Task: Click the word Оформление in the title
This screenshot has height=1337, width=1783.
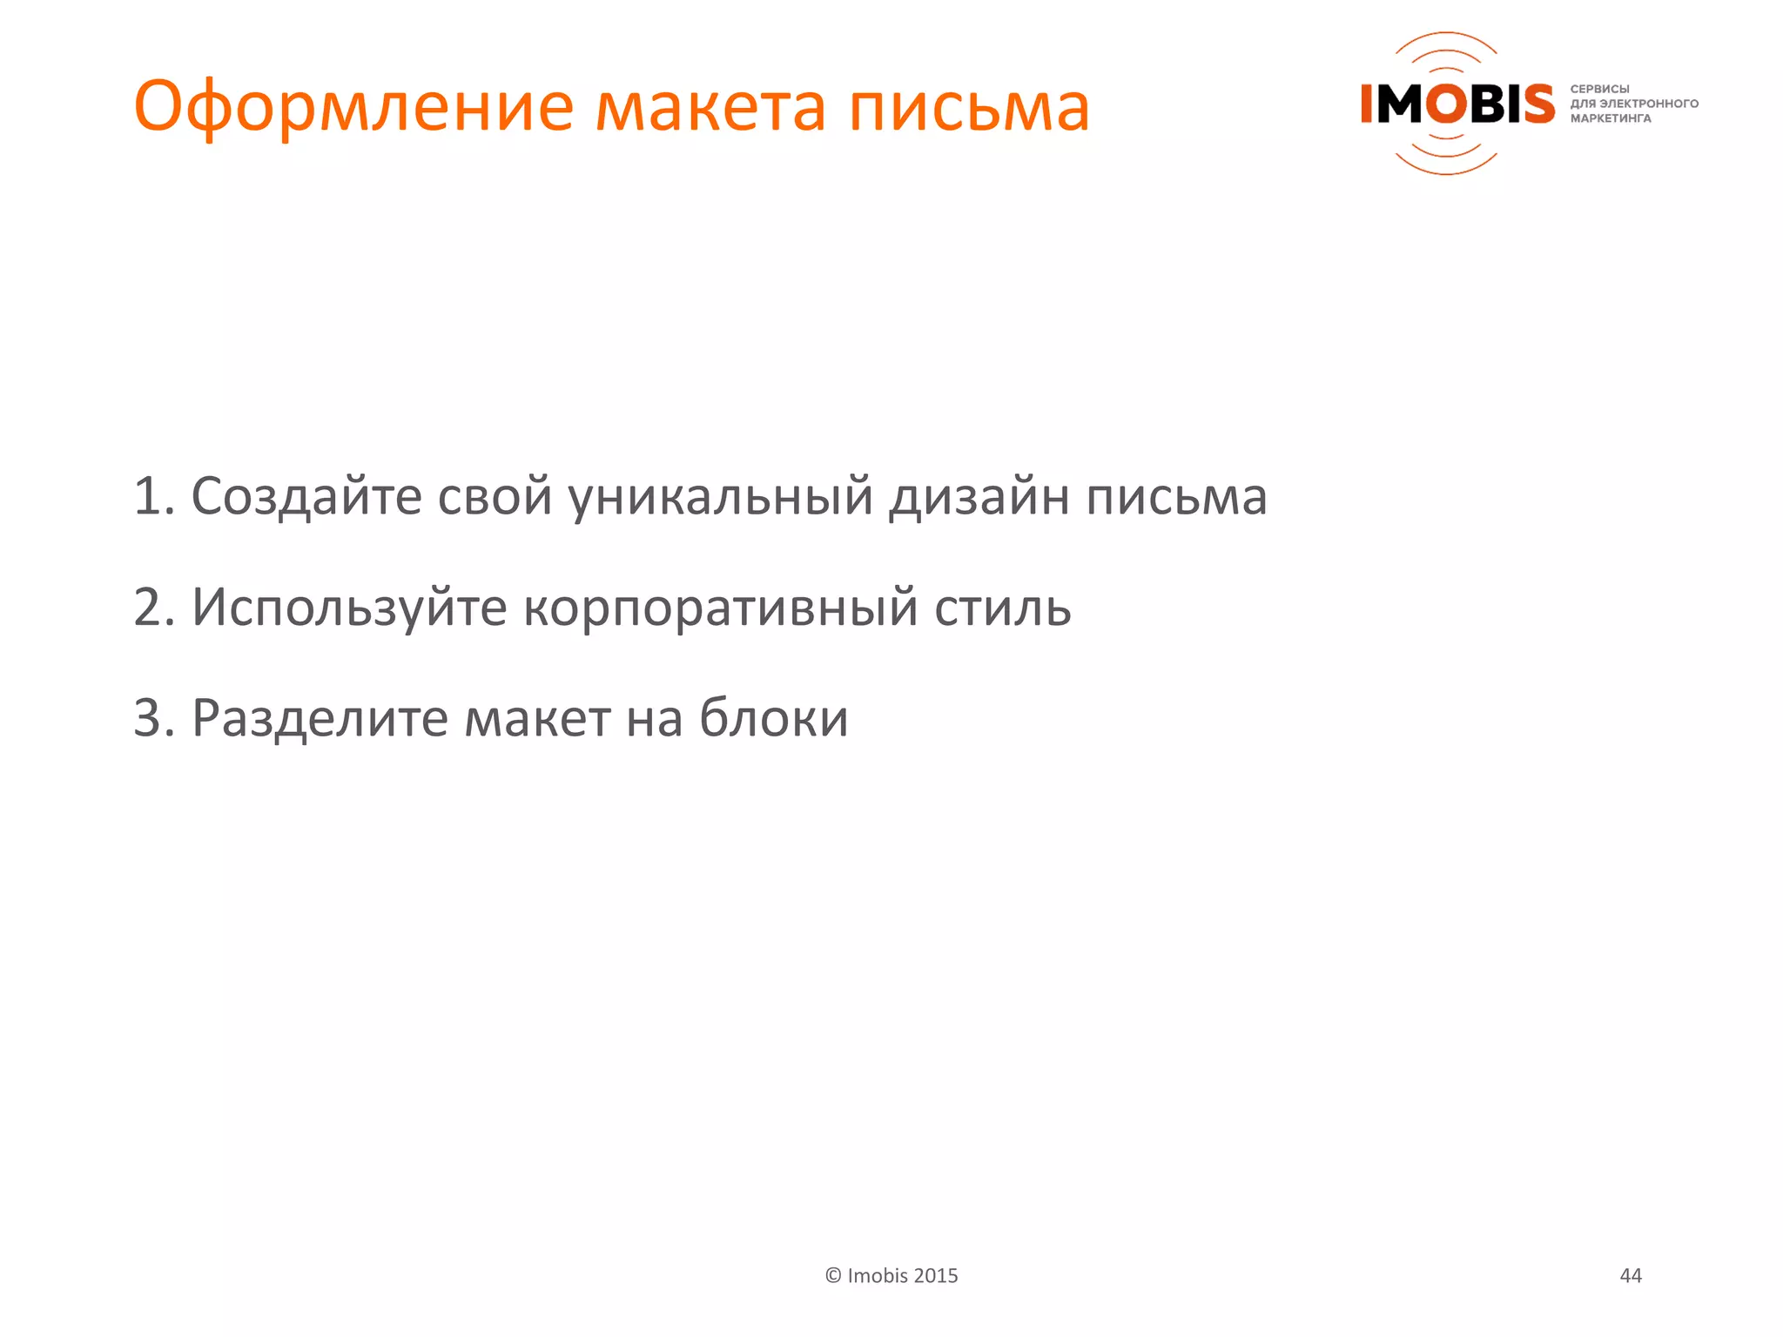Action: click(353, 108)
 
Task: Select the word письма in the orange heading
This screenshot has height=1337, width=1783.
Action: click(969, 108)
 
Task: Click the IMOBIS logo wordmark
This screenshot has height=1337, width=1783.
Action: click(1457, 104)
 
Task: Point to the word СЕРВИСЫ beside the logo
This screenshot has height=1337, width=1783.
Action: click(1599, 89)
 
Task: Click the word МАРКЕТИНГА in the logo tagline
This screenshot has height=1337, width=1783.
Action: click(1610, 118)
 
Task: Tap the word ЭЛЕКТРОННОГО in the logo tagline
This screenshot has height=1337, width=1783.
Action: click(1649, 104)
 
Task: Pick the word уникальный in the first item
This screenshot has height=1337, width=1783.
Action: click(720, 496)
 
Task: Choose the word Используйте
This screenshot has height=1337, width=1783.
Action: click(349, 607)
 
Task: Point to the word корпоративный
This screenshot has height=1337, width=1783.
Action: click(720, 607)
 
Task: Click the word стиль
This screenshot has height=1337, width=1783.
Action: click(1002, 607)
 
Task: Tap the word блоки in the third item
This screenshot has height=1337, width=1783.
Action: click(774, 718)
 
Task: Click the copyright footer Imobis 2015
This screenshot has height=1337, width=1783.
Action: click(891, 1276)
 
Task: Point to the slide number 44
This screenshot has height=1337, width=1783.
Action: click(1630, 1276)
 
